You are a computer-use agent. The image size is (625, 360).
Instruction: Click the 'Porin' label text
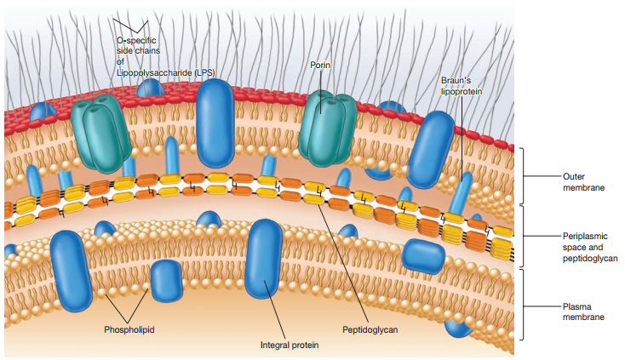[320, 65]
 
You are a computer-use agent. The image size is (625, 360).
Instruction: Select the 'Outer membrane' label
[583, 181]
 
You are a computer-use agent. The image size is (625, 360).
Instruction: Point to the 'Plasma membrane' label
[583, 311]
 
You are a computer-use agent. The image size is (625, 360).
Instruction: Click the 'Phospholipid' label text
[129, 329]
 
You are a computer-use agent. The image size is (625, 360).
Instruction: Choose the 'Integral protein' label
[290, 345]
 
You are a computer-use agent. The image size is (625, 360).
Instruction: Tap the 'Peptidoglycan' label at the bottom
[370, 329]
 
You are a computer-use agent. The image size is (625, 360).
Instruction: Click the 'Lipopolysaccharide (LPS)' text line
[165, 73]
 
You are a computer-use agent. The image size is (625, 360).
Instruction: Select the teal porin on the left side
[100, 132]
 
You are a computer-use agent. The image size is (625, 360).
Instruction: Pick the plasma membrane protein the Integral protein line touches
[264, 260]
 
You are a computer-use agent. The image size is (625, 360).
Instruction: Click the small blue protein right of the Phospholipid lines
[166, 280]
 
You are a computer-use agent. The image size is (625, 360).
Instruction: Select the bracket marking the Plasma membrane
[523, 305]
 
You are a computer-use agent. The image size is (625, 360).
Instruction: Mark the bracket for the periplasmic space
[523, 235]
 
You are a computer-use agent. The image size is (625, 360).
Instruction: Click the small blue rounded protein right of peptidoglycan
[422, 255]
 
